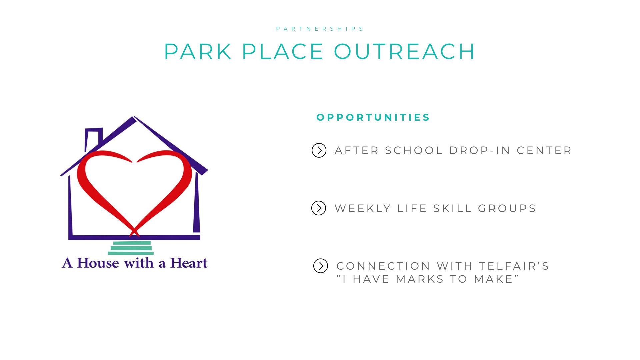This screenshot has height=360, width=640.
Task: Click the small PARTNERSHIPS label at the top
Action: click(x=320, y=29)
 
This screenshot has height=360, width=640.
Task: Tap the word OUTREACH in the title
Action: click(x=405, y=52)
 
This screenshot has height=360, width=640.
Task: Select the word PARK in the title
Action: click(x=198, y=52)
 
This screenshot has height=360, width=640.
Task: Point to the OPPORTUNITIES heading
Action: click(x=373, y=117)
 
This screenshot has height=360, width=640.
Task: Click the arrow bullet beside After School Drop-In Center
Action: click(x=319, y=150)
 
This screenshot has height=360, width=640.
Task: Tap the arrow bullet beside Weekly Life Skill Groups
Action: click(x=319, y=208)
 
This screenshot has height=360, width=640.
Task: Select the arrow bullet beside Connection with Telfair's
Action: click(x=321, y=266)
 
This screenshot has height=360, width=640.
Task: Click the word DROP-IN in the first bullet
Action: click(x=480, y=150)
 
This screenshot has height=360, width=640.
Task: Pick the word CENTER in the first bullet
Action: click(x=544, y=150)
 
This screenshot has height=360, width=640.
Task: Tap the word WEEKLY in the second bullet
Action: click(x=363, y=208)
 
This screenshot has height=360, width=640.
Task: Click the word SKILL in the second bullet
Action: click(x=452, y=208)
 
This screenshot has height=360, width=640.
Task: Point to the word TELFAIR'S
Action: click(x=514, y=266)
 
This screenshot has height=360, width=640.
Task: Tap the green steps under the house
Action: click(x=131, y=248)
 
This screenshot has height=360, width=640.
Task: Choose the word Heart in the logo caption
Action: click(x=189, y=263)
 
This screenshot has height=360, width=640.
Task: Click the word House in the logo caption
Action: click(x=98, y=263)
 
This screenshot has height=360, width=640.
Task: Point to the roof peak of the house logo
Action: click(x=134, y=117)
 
